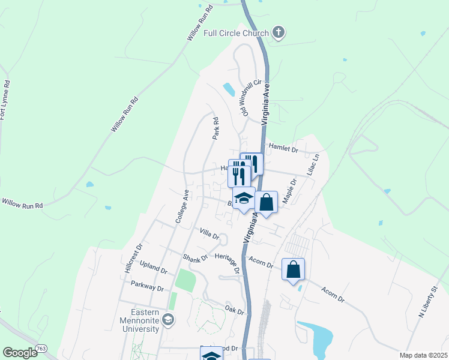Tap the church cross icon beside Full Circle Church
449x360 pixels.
coord(278,32)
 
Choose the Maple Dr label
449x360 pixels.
coord(289,192)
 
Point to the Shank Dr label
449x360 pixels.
coord(195,257)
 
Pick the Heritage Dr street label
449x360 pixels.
coord(227,261)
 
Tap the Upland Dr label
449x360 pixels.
coord(153,268)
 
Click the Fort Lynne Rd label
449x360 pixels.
coord(5,100)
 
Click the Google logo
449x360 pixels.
coord(20,353)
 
